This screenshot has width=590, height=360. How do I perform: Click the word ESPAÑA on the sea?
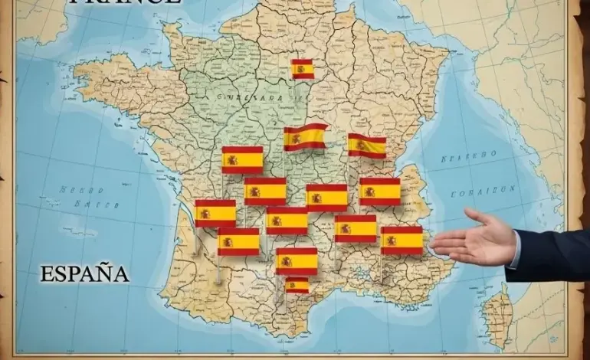coord(85,273)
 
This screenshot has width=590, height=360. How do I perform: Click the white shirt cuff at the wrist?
coord(511,249)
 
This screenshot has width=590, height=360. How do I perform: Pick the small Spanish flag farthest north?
coord(303,69)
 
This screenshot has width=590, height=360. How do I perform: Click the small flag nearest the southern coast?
coord(297,285)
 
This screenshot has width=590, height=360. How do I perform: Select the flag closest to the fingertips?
coord(402,240)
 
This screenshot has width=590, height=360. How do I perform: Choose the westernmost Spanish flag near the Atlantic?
coord(215,213)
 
